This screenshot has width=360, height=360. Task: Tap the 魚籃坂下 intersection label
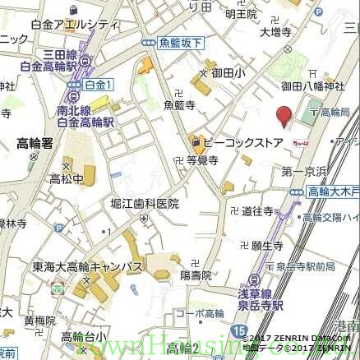[x=182, y=43]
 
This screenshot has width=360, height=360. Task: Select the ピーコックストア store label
[x=242, y=142]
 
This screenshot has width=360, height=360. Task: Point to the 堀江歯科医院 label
[x=145, y=203]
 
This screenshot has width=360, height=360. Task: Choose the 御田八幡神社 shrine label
[x=313, y=85]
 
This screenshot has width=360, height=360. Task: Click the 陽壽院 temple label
[x=196, y=275]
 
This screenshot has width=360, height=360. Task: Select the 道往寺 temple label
[x=257, y=211]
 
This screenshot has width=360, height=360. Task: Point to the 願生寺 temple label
[x=267, y=245]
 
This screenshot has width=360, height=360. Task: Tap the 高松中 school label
[x=66, y=178]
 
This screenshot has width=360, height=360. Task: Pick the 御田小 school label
[x=228, y=73]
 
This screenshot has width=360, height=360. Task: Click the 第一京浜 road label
[x=303, y=172]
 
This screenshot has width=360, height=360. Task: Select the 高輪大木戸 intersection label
[x=334, y=191]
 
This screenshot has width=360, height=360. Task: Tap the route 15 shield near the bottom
[x=238, y=331]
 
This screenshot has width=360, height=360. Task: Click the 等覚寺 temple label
[x=202, y=161]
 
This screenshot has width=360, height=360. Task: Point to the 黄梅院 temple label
[x=39, y=320]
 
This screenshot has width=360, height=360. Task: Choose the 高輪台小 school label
[x=84, y=336]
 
